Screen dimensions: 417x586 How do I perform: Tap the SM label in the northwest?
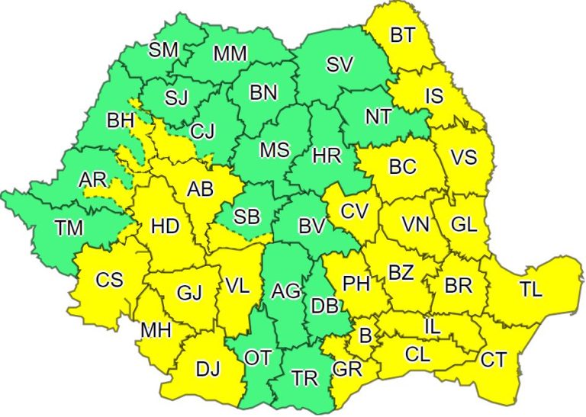[163, 50]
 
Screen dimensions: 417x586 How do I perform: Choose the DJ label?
[208, 369]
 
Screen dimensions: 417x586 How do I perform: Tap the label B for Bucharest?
[365, 335]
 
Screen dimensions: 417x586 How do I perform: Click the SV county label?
[340, 66]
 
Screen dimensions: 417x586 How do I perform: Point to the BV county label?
[312, 226]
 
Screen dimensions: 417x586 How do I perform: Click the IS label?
[433, 96]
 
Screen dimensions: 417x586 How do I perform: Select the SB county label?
[247, 217]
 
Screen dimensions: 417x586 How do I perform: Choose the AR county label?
[92, 181]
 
